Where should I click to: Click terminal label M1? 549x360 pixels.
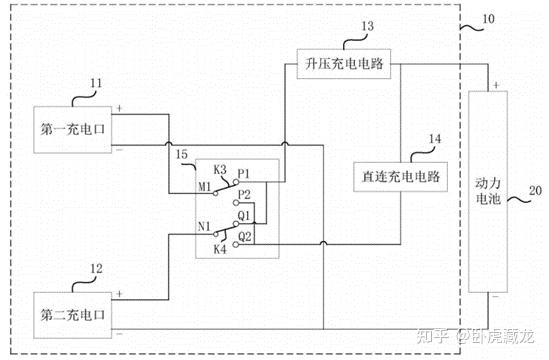click(206, 187)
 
